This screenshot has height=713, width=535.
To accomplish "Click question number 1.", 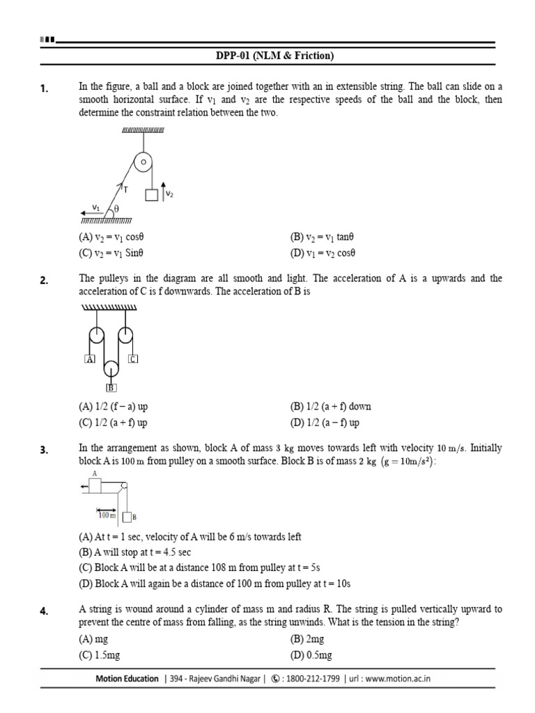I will point(44,88).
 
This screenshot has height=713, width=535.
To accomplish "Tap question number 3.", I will point(44,450).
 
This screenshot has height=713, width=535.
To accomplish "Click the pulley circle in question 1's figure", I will point(143,162).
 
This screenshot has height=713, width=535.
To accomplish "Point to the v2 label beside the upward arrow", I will point(169,194).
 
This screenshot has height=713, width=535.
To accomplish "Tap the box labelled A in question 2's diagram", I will point(88,359).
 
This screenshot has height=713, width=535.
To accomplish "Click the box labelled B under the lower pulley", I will point(111,389).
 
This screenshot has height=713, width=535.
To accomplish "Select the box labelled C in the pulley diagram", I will point(132,359).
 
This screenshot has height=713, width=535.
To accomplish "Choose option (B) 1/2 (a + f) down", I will point(331,407).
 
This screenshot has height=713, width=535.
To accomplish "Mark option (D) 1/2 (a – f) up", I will point(325,423).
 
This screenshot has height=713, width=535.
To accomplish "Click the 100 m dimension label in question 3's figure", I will point(107,515).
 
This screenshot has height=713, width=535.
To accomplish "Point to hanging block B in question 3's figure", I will point(127,517).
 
